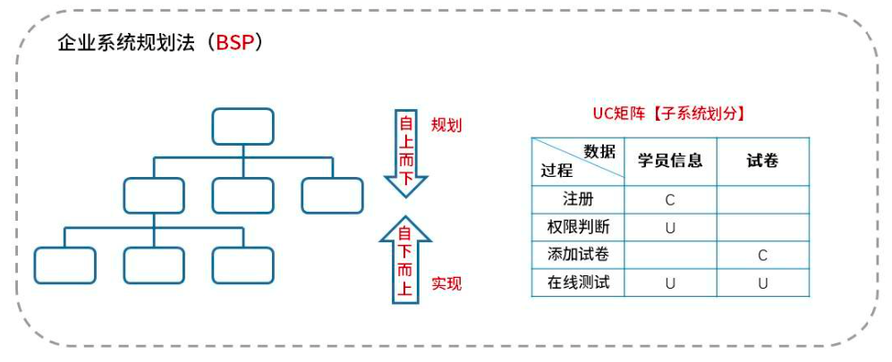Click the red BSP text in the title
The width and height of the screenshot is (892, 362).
click(x=234, y=43)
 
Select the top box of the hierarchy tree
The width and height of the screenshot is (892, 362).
click(x=242, y=126)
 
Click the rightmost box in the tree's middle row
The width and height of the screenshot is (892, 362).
click(x=332, y=196)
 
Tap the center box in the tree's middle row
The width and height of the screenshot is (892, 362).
click(x=242, y=196)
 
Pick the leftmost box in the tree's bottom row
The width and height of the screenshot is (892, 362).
click(x=64, y=265)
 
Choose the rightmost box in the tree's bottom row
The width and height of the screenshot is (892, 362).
click(x=242, y=265)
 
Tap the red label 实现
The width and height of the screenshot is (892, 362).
click(x=446, y=284)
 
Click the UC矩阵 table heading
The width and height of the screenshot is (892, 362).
click(x=669, y=114)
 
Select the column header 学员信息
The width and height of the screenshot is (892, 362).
click(x=670, y=161)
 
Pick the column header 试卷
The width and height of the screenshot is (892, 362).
click(x=762, y=161)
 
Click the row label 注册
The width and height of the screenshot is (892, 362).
click(x=578, y=198)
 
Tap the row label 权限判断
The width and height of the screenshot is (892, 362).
click(x=578, y=226)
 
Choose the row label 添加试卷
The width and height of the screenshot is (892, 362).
click(x=578, y=255)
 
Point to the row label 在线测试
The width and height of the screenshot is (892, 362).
click(x=578, y=283)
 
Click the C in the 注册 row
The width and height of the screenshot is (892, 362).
click(x=670, y=199)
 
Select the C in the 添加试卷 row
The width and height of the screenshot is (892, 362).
click(x=762, y=256)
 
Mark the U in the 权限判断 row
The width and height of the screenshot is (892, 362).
click(x=670, y=227)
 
